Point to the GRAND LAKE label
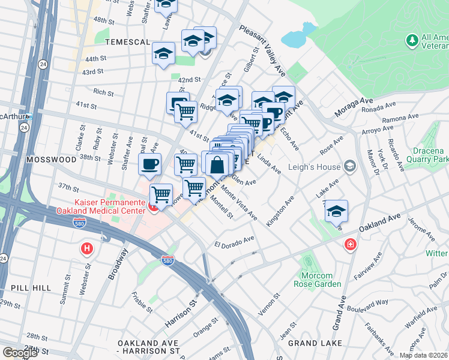[315, 343]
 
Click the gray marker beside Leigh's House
[351, 166]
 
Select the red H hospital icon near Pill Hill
[88, 247]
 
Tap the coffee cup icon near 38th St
[149, 163]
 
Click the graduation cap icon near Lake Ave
[336, 211]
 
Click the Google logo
[20, 353]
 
